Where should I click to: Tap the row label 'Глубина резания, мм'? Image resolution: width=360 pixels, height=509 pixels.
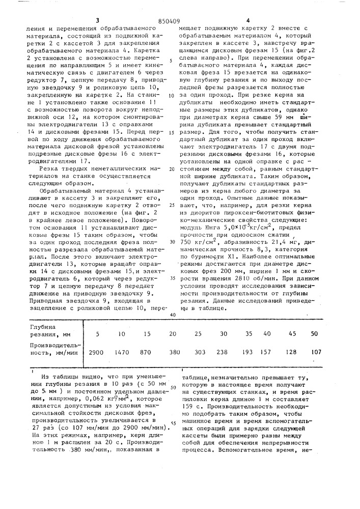click(49, 330)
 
